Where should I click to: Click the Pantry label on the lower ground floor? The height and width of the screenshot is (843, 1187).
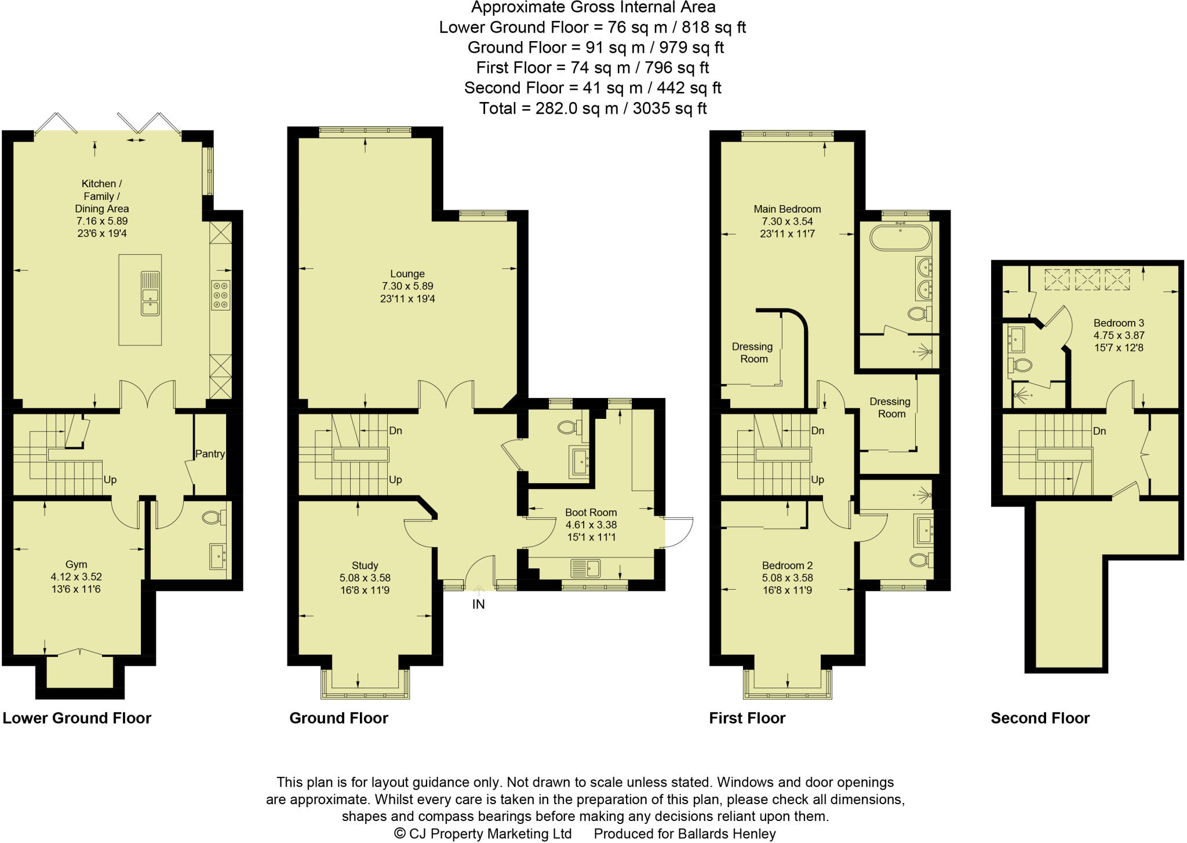click(x=210, y=454)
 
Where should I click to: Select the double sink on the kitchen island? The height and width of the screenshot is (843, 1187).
click(x=150, y=293)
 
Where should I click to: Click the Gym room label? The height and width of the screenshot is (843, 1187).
click(x=76, y=564)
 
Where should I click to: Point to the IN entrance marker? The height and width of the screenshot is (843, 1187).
click(x=478, y=604)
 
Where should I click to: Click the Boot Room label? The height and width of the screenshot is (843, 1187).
click(x=591, y=512)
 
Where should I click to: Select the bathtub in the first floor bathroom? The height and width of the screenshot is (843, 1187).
click(x=900, y=237)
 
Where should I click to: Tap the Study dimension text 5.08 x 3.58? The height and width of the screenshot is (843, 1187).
click(x=365, y=578)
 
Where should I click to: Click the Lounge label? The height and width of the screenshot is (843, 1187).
click(x=407, y=273)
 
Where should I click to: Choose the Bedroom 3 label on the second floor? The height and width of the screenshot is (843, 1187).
click(x=1119, y=323)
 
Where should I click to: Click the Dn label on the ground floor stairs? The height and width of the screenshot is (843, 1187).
click(x=396, y=430)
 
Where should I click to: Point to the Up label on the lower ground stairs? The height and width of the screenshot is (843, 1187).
click(x=110, y=480)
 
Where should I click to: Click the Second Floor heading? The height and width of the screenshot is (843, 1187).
click(x=1040, y=718)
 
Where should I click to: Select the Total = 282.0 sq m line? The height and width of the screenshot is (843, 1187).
click(x=592, y=108)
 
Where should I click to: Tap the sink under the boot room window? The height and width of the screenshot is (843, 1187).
click(x=585, y=568)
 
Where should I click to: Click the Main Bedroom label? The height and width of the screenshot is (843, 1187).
click(x=787, y=209)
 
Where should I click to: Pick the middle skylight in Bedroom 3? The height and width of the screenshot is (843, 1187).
click(x=1087, y=279)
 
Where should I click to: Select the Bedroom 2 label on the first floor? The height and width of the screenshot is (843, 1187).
click(x=787, y=565)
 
